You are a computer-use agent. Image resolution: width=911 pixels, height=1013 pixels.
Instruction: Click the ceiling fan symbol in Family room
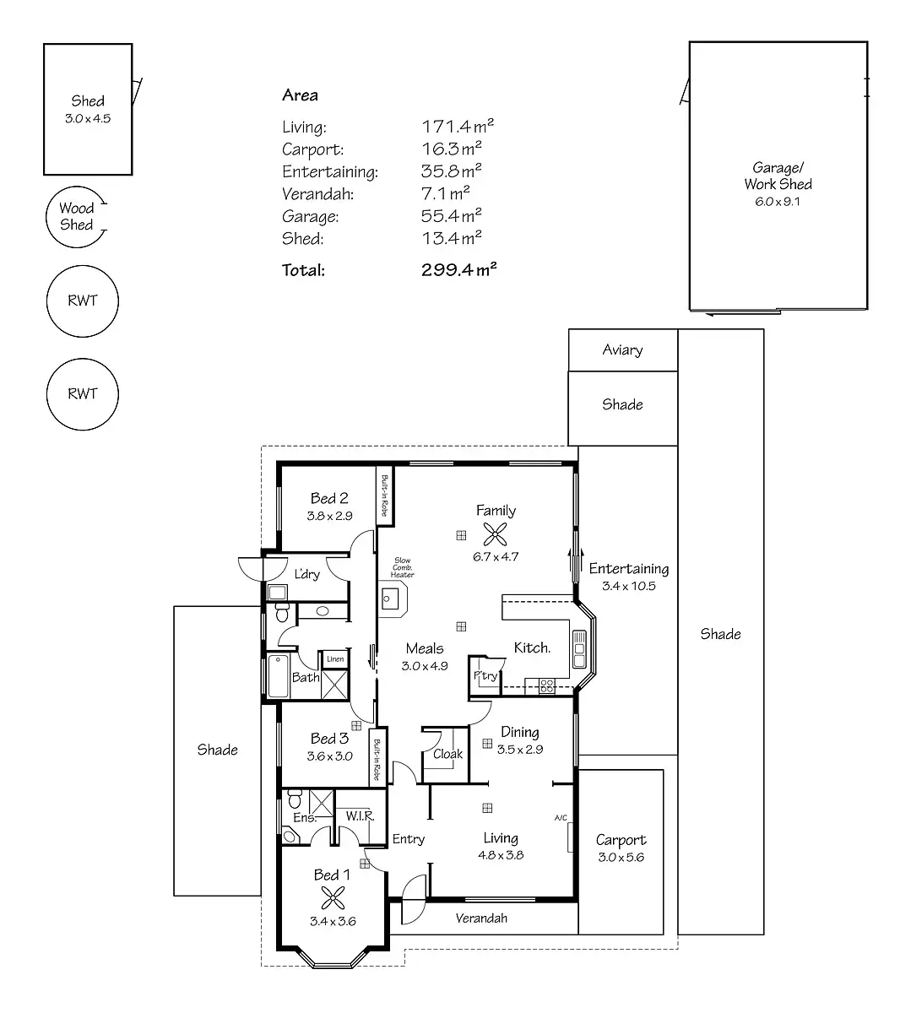[496, 533]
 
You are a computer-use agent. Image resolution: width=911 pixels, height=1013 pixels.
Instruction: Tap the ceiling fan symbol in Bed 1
[332, 897]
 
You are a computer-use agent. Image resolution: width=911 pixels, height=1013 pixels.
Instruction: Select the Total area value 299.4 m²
[458, 270]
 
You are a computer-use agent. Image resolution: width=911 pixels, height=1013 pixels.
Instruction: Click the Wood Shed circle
[77, 217]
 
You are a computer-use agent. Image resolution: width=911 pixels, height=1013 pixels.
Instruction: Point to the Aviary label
[622, 349]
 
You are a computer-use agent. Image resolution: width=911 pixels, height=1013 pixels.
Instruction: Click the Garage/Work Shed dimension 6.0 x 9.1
[778, 202]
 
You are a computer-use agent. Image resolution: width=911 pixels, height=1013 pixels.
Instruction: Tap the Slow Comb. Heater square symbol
[390, 599]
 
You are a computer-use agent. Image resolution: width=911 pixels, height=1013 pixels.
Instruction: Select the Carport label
[621, 839]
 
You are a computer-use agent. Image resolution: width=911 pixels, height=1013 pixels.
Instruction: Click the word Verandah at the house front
[481, 918]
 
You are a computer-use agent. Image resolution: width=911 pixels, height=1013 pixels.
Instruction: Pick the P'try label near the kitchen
[485, 675]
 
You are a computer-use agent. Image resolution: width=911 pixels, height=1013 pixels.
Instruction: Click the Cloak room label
[447, 754]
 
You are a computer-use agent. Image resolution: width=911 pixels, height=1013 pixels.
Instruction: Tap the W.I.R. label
[360, 816]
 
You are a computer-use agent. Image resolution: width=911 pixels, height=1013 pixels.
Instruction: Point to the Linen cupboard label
[335, 658]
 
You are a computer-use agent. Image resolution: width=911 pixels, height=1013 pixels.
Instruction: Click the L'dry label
[306, 574]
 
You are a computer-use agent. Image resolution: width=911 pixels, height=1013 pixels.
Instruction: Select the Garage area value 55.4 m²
[452, 216]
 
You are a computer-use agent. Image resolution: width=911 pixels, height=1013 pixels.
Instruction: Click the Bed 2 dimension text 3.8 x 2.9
[329, 515]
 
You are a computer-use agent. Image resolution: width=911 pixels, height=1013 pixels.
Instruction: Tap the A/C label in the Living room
[561, 817]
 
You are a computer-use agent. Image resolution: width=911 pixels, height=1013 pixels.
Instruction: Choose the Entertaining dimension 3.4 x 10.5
[628, 586]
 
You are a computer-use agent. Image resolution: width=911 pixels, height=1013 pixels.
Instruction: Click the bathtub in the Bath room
[278, 677]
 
